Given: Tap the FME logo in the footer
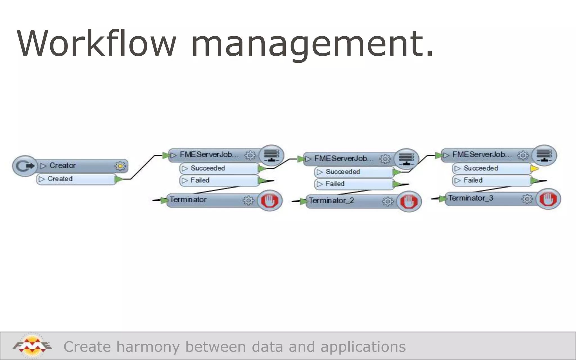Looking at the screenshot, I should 32,346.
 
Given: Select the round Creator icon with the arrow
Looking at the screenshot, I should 25,166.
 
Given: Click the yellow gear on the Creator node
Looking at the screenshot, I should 120,166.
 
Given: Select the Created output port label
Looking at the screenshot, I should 60,179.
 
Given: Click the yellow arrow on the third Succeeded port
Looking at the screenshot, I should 534,169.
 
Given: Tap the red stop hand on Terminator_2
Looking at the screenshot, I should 409,201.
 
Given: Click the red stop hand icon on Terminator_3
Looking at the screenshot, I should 548,199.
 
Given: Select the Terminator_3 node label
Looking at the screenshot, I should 471,198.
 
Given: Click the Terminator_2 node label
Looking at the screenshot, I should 331,201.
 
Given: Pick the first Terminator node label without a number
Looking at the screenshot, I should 188,200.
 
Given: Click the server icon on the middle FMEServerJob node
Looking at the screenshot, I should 406,159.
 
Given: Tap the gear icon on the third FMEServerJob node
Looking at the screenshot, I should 523,155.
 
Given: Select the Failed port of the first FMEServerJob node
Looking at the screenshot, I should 200,180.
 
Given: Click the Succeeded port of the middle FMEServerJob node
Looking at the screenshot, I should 343,172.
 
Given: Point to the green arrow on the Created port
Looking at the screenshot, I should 119,179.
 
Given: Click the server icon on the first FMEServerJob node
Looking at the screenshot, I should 271,155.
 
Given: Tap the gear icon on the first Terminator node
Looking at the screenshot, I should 248,201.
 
